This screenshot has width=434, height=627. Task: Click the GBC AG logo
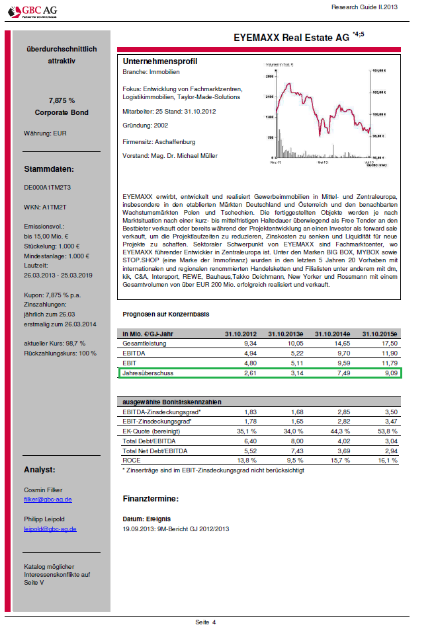point(31,12)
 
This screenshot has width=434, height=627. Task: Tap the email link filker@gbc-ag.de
point(48,499)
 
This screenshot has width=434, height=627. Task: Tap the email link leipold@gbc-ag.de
point(50,529)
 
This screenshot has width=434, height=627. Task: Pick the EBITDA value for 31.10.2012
point(246,353)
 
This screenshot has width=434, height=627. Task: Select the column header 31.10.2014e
point(334,333)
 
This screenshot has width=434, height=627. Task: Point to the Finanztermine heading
point(151,498)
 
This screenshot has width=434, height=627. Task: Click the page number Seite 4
point(205,622)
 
